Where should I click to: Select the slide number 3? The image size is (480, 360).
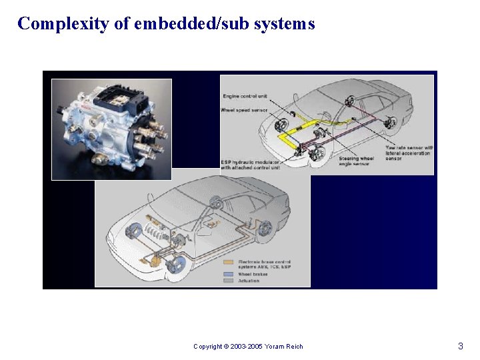pyautogui.click(x=460, y=346)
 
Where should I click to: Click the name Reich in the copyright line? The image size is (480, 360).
pyautogui.click(x=294, y=347)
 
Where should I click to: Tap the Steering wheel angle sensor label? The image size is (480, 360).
pyautogui.click(x=357, y=161)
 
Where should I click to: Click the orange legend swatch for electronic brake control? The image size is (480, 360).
pyautogui.click(x=228, y=262)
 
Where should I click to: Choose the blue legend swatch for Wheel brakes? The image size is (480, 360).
pyautogui.click(x=228, y=274)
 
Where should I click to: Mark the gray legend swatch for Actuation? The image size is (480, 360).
pyautogui.click(x=228, y=281)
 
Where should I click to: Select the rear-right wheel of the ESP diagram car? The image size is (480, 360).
pyautogui.click(x=391, y=123)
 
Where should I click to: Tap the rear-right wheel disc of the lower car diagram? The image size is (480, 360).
pyautogui.click(x=265, y=229)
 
